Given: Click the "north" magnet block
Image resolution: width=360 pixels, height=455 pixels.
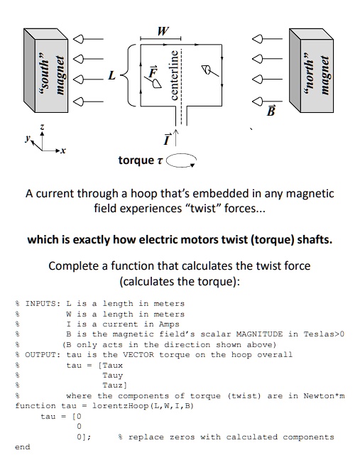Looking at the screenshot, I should coord(311,68).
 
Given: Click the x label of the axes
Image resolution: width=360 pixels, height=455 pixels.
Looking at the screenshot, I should coord(62,151).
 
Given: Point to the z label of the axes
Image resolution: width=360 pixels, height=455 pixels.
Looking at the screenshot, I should coord(42,128).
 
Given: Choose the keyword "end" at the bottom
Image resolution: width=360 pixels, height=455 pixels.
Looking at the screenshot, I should coord(23,447).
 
